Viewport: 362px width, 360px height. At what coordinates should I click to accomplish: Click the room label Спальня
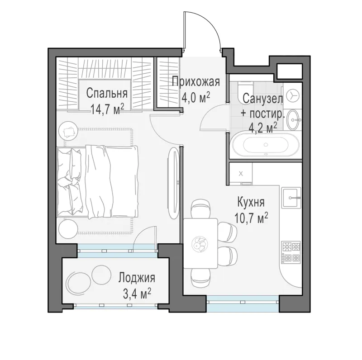click(107, 94)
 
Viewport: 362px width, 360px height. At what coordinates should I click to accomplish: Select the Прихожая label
click(196, 82)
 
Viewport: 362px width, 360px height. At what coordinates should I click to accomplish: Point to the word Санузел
click(263, 99)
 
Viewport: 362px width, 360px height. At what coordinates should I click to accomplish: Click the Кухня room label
click(251, 203)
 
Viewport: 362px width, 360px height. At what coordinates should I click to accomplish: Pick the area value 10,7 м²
click(251, 218)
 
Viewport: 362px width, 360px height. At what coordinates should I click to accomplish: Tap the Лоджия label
click(137, 278)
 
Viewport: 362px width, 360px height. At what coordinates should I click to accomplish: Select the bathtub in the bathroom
click(266, 145)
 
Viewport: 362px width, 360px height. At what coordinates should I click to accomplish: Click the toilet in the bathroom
click(245, 92)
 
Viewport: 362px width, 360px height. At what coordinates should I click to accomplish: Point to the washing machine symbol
click(292, 95)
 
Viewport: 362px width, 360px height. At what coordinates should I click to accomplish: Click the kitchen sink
click(291, 197)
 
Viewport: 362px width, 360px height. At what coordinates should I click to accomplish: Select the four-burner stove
click(291, 253)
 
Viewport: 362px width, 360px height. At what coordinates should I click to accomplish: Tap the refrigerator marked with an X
click(241, 174)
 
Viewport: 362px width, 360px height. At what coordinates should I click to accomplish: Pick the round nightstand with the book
click(67, 130)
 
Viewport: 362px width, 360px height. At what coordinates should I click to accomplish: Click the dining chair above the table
click(200, 209)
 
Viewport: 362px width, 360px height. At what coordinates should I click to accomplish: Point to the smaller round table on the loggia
click(100, 275)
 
